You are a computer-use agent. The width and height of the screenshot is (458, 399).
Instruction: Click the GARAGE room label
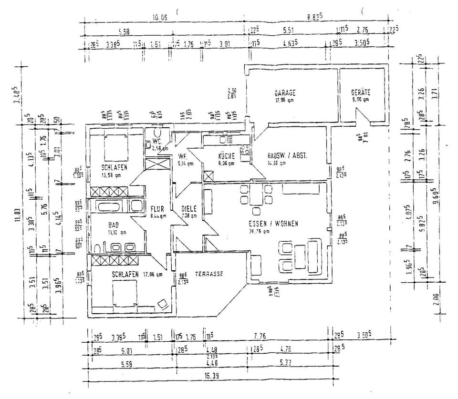click(285, 93)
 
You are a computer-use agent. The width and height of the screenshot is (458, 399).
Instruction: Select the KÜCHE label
click(226, 156)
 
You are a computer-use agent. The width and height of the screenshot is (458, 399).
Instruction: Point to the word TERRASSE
click(209, 274)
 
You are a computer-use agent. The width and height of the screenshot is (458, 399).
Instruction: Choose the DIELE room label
click(189, 209)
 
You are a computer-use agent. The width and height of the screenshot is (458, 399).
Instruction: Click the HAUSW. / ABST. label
click(286, 156)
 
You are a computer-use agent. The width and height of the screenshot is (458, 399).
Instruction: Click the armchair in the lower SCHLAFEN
click(162, 303)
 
